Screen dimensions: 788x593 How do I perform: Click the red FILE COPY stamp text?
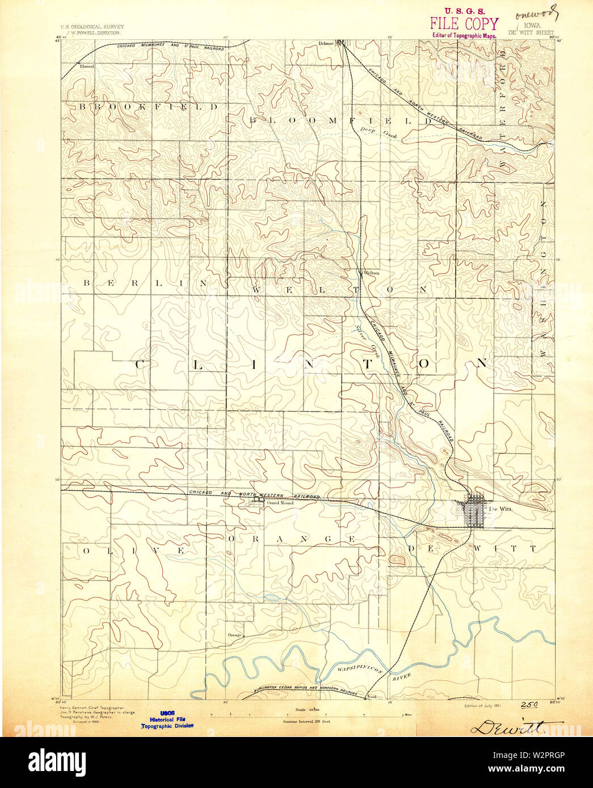point(464,24)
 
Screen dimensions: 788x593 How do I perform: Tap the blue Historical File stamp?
point(167,719)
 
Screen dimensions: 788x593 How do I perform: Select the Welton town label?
point(371,273)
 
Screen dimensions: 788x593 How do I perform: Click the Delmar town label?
point(326,43)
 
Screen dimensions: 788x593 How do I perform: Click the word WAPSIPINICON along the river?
point(356,670)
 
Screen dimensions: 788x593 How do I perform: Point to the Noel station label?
point(372,696)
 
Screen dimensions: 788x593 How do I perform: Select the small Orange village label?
point(234,635)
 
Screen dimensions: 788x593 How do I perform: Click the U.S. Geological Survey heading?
point(92,27)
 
